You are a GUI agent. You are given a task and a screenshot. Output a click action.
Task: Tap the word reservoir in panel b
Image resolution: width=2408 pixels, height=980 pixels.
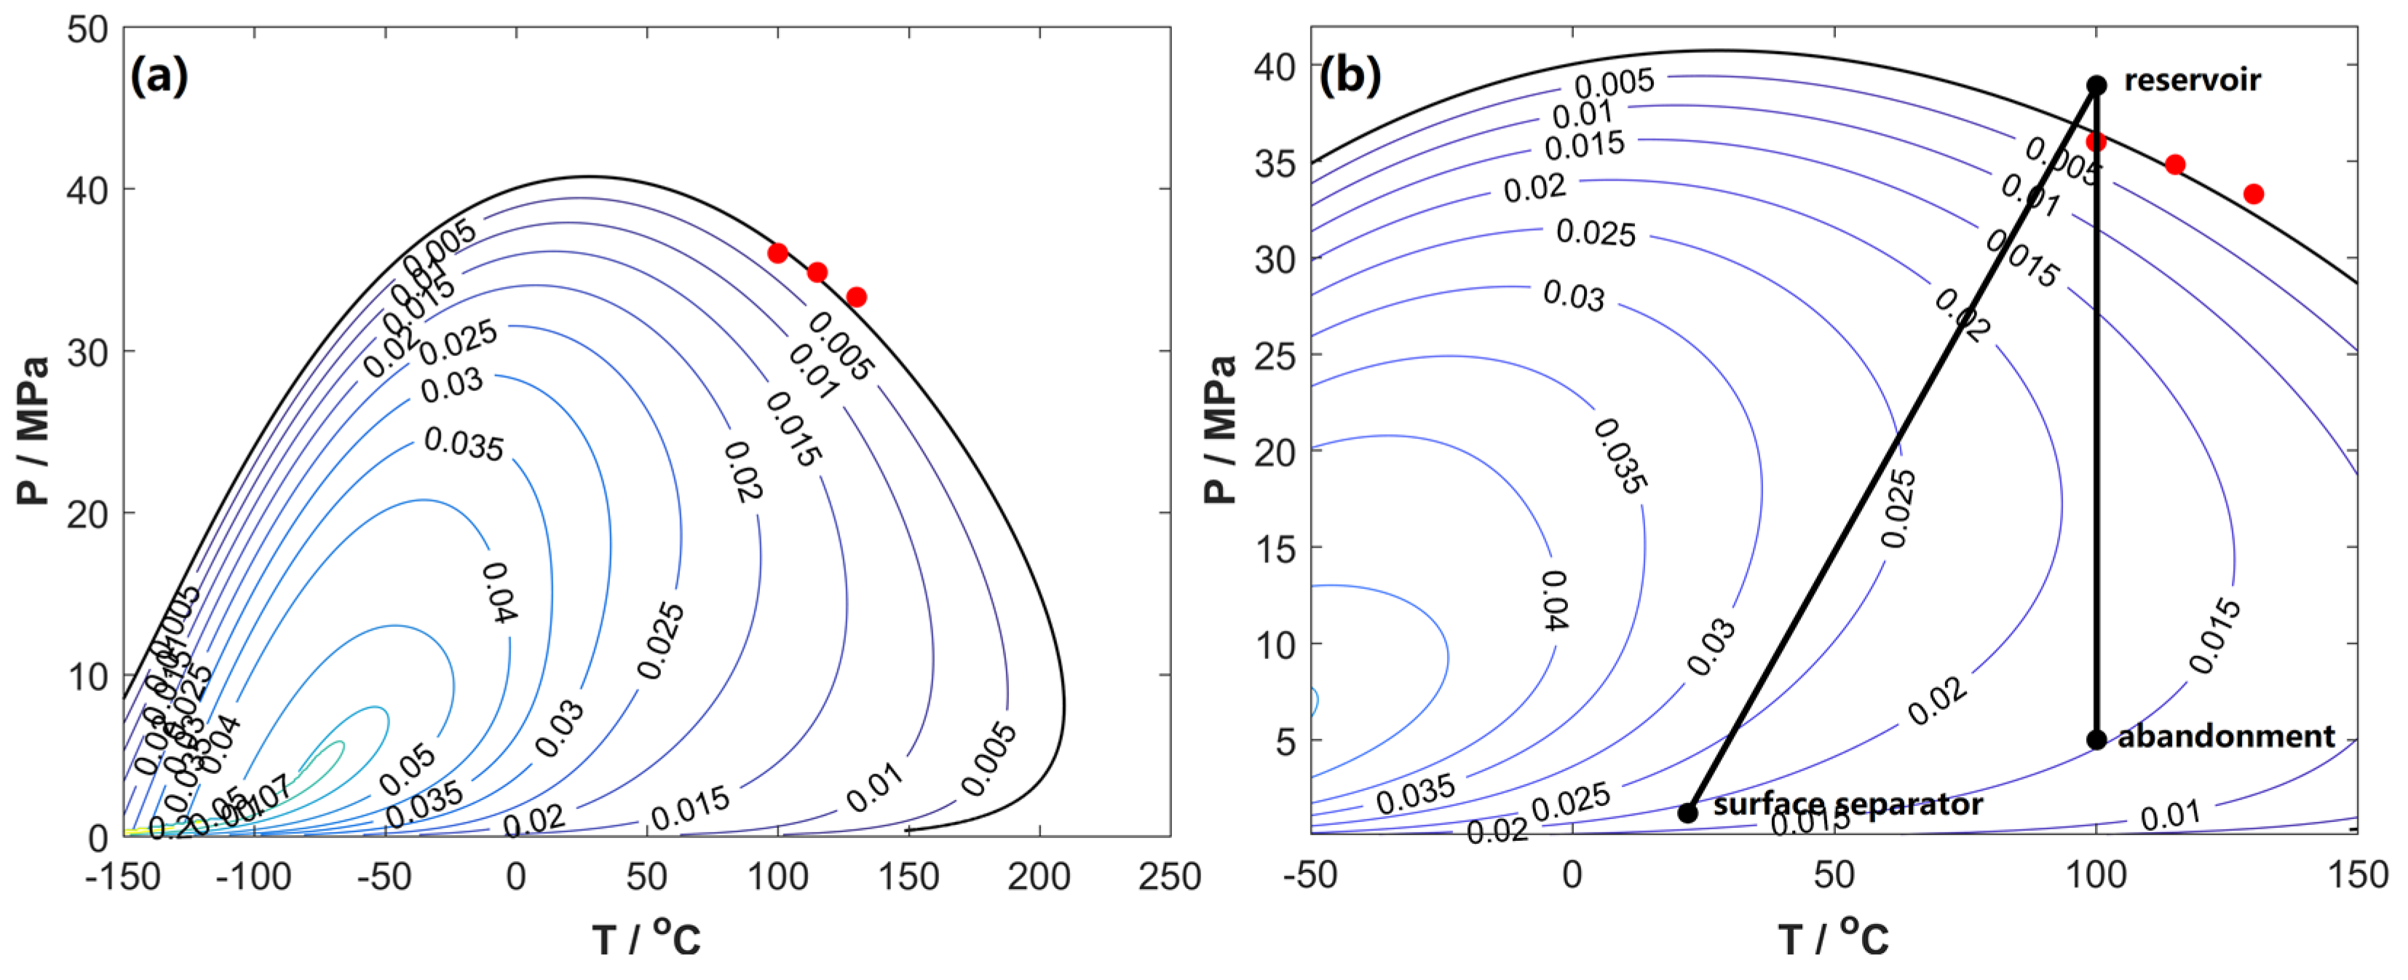[2191, 80]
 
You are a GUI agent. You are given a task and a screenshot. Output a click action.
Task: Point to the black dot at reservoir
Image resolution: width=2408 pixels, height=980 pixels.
[2096, 85]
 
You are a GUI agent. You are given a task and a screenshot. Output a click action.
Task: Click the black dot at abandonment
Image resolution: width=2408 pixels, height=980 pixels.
[2096, 740]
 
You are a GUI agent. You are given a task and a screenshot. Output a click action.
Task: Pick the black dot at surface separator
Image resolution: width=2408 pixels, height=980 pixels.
[1687, 813]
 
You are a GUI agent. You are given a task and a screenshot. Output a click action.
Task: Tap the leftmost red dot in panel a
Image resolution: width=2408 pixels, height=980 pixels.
[777, 253]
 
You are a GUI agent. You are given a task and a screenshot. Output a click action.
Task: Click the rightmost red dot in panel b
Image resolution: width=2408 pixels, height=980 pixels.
[2254, 194]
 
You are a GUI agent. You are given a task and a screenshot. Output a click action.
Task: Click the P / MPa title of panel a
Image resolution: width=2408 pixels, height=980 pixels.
[33, 430]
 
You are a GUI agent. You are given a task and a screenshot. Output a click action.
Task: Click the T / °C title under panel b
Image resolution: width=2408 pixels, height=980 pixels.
[1833, 938]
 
